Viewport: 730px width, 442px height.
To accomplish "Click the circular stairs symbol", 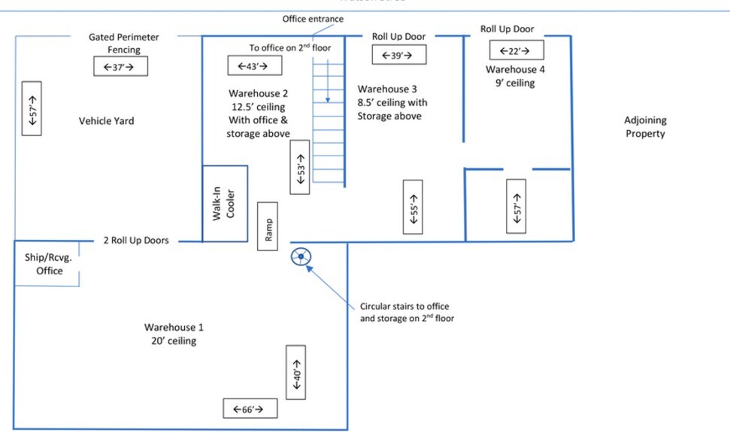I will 302,258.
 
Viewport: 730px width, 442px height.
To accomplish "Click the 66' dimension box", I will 250,409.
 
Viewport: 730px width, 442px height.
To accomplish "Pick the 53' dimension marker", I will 300,167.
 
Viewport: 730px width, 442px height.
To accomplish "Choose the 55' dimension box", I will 413,207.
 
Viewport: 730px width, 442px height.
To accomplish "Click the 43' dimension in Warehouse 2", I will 254,65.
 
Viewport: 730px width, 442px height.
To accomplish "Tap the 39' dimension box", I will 398,55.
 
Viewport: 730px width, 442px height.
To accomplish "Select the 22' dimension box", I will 516,50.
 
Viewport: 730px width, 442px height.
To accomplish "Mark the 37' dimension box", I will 120,67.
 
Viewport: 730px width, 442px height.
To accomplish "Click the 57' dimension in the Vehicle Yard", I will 32,108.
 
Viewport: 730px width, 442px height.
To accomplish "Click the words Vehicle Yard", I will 106,120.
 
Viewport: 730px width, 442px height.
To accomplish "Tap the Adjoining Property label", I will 645,127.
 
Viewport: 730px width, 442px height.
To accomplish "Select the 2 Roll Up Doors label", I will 135,241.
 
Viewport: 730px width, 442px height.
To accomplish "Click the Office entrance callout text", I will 313,19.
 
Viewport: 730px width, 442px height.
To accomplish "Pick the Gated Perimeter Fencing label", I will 124,43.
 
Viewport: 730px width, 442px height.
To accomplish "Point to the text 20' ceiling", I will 174,341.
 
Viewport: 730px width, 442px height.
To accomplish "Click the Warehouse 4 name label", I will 516,69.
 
